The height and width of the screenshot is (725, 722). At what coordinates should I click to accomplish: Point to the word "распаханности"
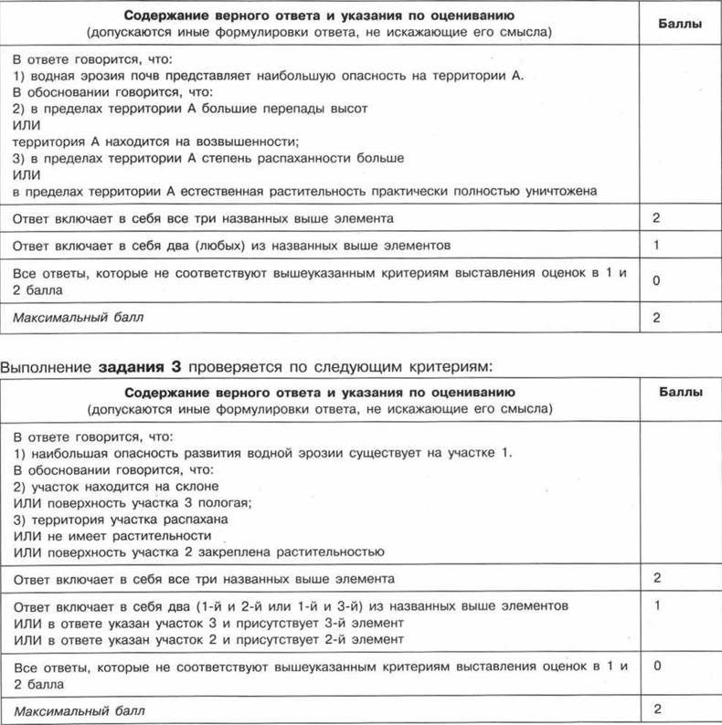321,158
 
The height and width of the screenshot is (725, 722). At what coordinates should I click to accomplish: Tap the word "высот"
347,109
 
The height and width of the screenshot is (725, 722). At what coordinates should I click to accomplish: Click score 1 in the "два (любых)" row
655,246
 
